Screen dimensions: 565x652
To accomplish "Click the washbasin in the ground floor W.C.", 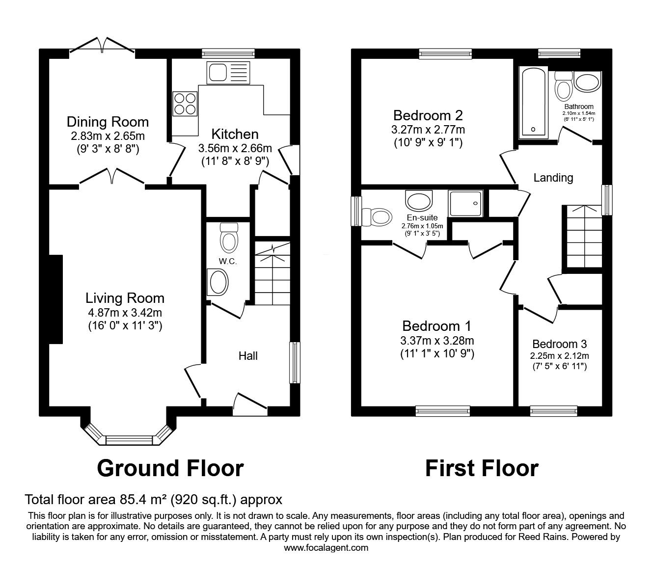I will [x=218, y=283].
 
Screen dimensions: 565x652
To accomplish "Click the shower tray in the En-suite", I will [x=465, y=203].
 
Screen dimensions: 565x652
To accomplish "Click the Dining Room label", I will [x=108, y=121].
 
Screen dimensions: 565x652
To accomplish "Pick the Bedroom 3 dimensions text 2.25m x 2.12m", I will [x=559, y=356].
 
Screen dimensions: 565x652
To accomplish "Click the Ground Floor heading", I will [x=170, y=468].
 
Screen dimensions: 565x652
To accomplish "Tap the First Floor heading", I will [x=481, y=468].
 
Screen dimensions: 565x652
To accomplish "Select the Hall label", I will [x=248, y=356].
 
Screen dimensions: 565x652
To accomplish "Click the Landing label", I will [x=553, y=177].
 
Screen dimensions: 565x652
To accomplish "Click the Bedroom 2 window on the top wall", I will [x=445, y=54].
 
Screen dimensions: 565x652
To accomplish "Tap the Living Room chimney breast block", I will [x=55, y=299].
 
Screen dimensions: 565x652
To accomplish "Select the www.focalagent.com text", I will [x=326, y=548].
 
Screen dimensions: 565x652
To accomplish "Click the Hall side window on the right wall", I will [x=294, y=362].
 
